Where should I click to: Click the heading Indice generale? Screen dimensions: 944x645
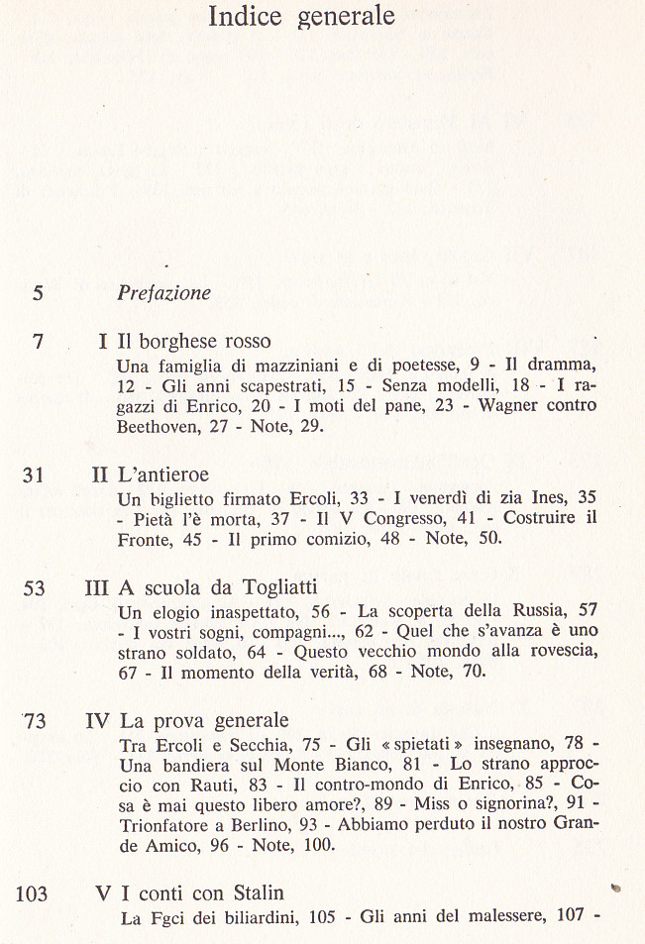click(x=302, y=17)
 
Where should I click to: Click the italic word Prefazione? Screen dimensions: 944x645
click(x=163, y=292)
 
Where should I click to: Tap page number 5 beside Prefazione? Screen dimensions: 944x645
click(x=38, y=292)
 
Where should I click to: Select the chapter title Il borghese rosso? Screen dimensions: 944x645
click(x=193, y=342)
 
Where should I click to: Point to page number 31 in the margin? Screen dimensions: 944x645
click(x=34, y=474)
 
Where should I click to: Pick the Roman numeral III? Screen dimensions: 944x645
click(x=96, y=587)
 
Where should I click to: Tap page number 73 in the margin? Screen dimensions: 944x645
click(x=34, y=720)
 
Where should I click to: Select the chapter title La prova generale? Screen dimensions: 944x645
click(x=203, y=720)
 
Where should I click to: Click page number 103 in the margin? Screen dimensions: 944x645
click(x=32, y=893)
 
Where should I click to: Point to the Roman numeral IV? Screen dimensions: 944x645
click(x=97, y=720)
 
